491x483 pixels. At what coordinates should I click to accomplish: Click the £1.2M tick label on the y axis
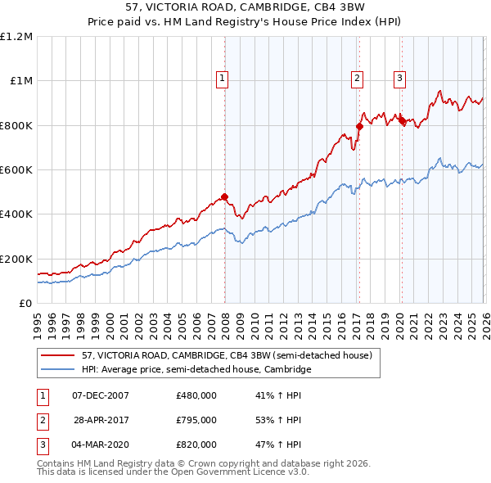coord(16,37)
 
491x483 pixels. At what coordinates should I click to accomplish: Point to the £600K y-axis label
coord(16,170)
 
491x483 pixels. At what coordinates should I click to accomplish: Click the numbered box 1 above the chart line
coord(222,79)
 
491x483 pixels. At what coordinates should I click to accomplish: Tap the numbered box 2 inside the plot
coord(358,79)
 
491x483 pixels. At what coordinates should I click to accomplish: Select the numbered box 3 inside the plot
coord(399,79)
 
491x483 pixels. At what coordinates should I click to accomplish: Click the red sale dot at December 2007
coord(224,196)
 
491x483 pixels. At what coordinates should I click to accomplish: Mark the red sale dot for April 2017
coord(359,126)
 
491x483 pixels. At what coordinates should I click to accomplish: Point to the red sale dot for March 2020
coord(401,121)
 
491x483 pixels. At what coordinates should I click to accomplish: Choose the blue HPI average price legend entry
coord(196,370)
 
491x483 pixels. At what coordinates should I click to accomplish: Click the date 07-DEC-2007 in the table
coord(101,395)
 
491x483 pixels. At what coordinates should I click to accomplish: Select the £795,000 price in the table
coord(196,420)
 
